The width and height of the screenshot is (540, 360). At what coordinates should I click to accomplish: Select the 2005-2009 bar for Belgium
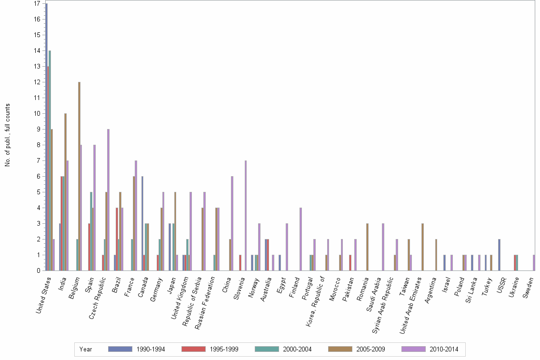click(79, 176)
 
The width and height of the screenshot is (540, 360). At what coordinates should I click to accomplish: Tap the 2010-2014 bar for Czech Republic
click(109, 200)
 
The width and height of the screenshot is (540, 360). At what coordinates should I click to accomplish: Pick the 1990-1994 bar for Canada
click(142, 223)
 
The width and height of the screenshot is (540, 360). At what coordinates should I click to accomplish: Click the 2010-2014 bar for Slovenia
click(246, 216)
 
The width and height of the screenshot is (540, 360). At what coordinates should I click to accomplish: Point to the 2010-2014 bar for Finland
click(300, 239)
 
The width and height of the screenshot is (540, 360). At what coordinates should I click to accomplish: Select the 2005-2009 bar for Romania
click(367, 247)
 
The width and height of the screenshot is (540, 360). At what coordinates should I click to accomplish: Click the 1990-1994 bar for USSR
click(499, 255)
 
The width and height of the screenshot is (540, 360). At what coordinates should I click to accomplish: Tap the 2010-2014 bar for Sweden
click(534, 263)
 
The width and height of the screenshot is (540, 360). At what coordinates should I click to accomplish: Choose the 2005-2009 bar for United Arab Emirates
click(422, 247)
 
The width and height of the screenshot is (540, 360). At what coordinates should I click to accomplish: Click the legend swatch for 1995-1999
click(193, 349)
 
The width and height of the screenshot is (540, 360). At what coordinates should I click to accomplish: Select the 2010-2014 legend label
click(444, 349)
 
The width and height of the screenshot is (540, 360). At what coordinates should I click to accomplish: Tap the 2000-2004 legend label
click(297, 349)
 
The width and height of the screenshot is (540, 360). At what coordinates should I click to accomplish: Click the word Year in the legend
click(86, 349)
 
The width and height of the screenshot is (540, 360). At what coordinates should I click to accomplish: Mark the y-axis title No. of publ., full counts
click(8, 135)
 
